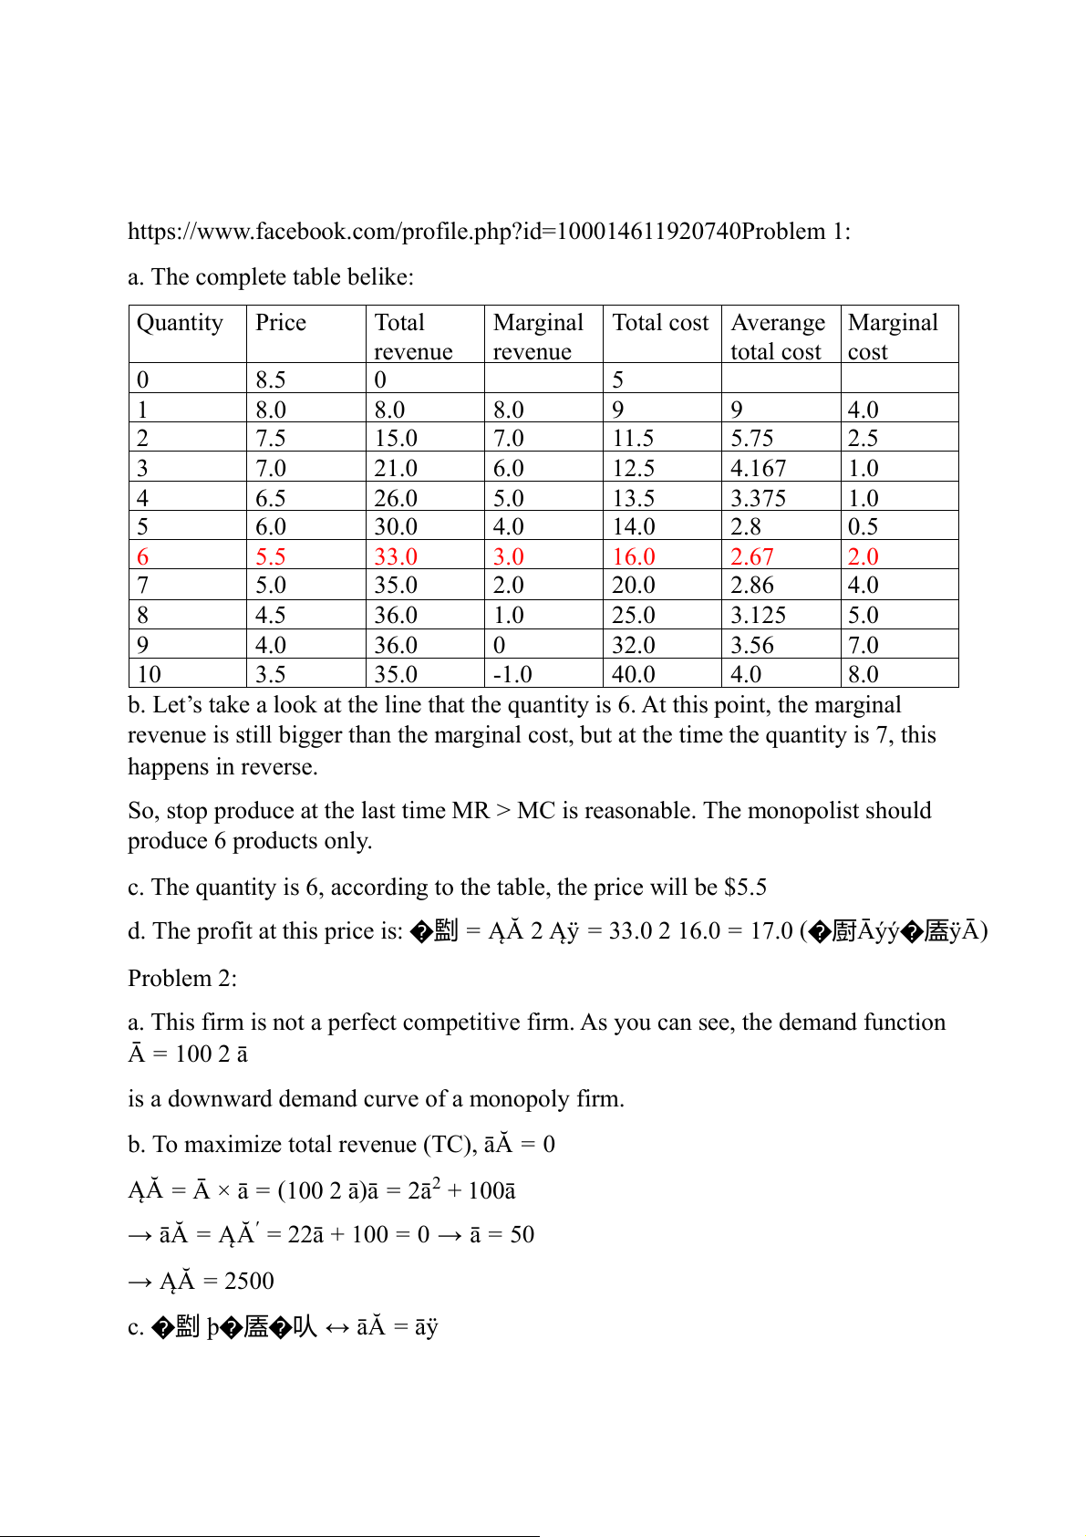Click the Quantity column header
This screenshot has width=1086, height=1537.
pyautogui.click(x=180, y=323)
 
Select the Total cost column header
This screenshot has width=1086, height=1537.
pyautogui.click(x=660, y=323)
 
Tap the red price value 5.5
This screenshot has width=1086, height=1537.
pyautogui.click(x=270, y=556)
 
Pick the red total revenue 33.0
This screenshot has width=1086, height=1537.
pyautogui.click(x=396, y=556)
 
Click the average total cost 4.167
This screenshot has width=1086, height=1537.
pyautogui.click(x=758, y=468)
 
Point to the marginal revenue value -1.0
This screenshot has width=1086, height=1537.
pyautogui.click(x=512, y=674)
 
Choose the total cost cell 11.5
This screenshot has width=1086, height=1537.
pyautogui.click(x=633, y=438)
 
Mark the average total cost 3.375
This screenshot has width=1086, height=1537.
pyautogui.click(x=758, y=498)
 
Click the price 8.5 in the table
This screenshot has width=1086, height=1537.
pyautogui.click(x=270, y=379)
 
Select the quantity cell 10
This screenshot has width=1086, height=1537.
pyautogui.click(x=149, y=674)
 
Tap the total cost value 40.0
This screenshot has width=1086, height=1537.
pyautogui.click(x=633, y=674)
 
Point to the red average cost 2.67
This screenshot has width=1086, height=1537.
pyautogui.click(x=751, y=556)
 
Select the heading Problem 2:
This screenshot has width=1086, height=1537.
pyautogui.click(x=182, y=978)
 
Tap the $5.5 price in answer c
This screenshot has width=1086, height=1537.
pyautogui.click(x=745, y=887)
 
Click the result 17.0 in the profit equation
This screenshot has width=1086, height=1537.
pyautogui.click(x=771, y=930)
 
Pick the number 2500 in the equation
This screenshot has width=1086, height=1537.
pyautogui.click(x=249, y=1281)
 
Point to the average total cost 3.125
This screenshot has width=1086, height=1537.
pyautogui.click(x=758, y=615)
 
